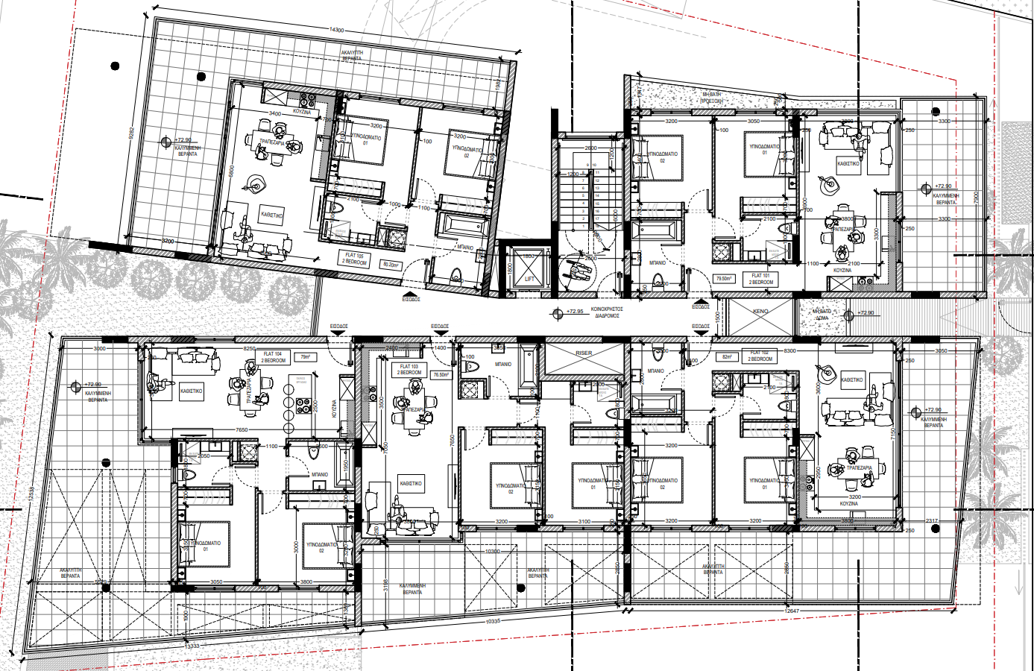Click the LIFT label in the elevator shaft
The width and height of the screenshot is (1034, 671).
tap(529, 279)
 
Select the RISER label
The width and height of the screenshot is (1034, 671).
tap(584, 353)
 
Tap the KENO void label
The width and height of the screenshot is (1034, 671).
tap(760, 311)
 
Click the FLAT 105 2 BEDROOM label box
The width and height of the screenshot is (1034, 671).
tap(355, 259)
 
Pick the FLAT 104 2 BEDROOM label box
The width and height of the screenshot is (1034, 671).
tap(273, 357)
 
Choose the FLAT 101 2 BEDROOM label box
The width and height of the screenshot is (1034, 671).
tap(761, 279)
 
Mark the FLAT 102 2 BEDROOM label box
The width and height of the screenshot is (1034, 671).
tap(760, 356)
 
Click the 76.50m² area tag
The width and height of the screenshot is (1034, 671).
tap(441, 375)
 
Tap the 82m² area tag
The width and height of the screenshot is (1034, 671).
tap(727, 357)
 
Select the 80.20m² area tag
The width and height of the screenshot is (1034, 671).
tap(391, 264)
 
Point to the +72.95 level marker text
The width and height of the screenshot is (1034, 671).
tap(575, 312)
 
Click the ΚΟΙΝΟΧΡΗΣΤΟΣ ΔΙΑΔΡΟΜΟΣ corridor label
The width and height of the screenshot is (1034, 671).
tap(607, 312)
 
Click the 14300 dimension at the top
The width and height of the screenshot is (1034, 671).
tap(336, 31)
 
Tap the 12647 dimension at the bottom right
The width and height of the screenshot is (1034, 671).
tap(792, 611)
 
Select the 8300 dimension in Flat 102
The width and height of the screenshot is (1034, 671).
tap(789, 350)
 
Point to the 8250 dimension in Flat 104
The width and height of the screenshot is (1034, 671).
tap(250, 348)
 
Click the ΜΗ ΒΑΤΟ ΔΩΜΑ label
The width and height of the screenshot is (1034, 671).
tap(822, 314)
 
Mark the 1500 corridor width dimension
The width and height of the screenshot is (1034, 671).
tap(718, 316)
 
